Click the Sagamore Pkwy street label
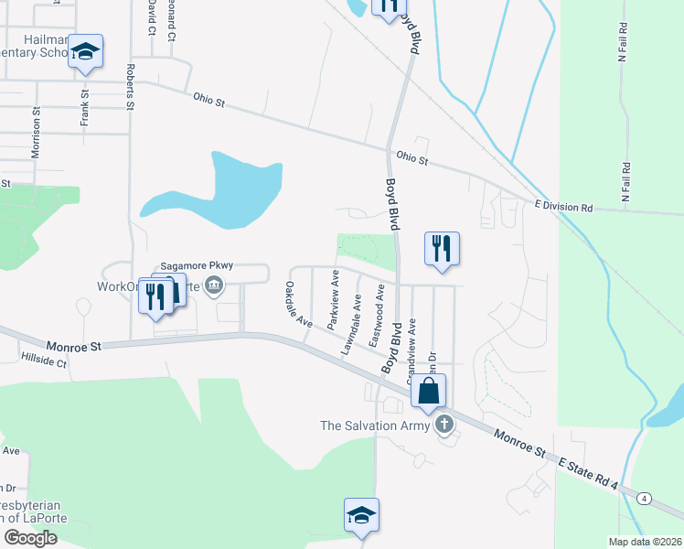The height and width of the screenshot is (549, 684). (198, 265)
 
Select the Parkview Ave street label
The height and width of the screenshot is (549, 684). (334, 299)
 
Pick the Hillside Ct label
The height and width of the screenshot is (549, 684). (45, 362)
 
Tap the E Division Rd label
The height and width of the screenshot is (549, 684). (563, 208)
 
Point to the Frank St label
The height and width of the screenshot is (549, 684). (84, 107)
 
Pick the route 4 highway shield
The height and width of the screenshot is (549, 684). (646, 499)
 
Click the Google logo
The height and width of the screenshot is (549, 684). (30, 538)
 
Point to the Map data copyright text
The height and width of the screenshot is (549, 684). (646, 542)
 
